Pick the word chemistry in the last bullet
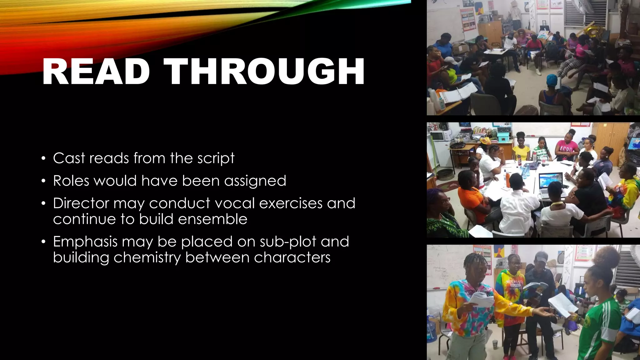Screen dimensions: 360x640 pos(147,258)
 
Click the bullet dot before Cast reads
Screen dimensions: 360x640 pos(44,158)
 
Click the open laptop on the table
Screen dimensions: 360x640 pos(551,184)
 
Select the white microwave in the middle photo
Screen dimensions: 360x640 pos(440,136)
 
